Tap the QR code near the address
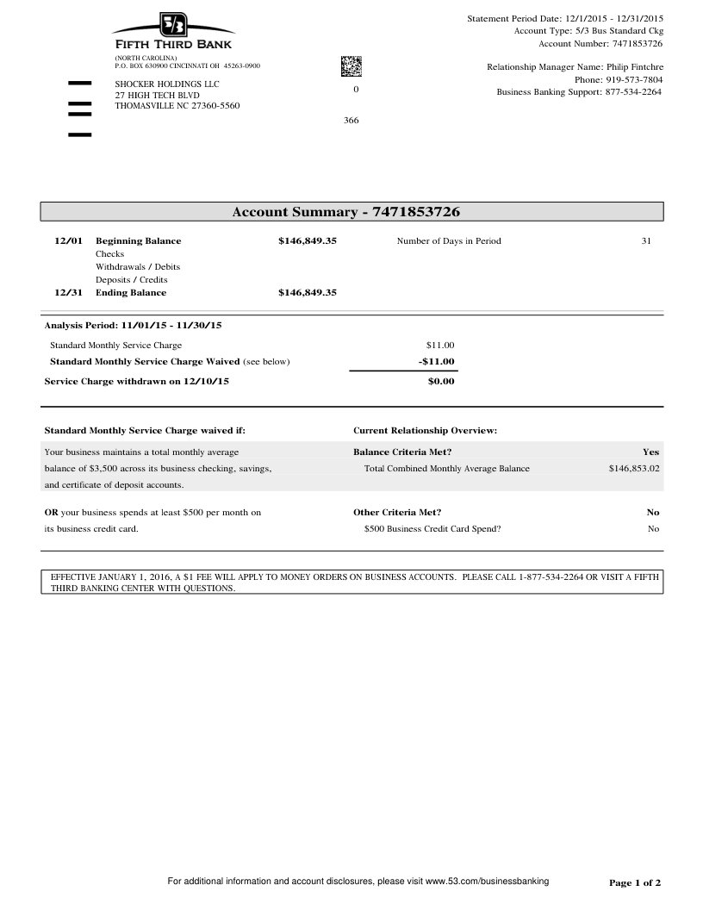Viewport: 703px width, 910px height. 351,65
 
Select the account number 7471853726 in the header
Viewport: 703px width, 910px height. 637,43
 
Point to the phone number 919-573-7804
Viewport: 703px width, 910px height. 632,79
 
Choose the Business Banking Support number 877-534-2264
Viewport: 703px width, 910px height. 633,92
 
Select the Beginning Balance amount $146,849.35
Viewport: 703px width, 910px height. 307,241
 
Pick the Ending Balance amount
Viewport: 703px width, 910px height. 307,293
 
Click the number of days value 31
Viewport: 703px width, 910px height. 646,241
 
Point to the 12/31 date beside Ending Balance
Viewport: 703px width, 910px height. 68,293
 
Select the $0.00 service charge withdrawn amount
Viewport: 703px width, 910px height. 440,381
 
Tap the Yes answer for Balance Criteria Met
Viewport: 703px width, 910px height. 650,452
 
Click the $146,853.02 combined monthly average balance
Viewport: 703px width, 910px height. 633,469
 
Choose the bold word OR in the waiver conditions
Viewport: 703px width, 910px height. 51,512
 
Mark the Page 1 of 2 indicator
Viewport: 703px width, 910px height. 635,882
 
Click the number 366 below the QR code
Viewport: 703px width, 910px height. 351,121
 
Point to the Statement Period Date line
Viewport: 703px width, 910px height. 565,18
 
